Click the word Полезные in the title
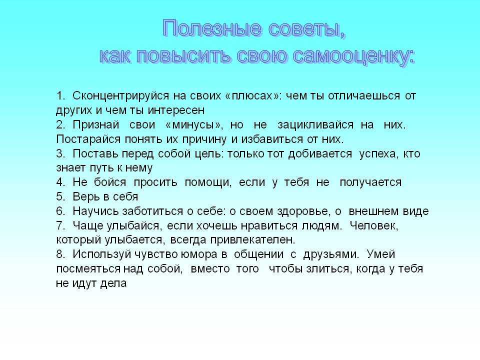coord(212,28)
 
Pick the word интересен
coord(176,110)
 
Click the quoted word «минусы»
coord(192,125)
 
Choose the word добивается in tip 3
coord(320,153)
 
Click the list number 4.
coord(60,182)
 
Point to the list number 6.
coord(60,211)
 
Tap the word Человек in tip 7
coord(374,226)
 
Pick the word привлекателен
coord(252,240)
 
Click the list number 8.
coord(60,254)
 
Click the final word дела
coord(113,283)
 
